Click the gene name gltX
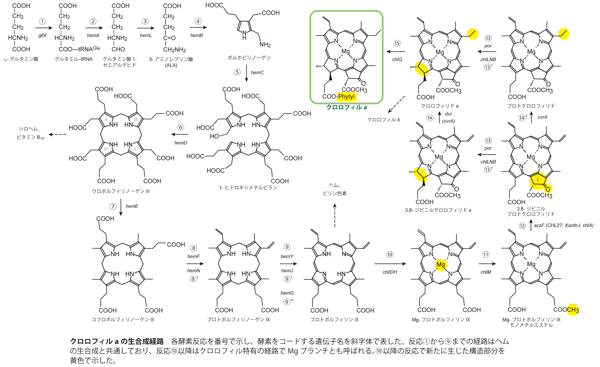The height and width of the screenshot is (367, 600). [42, 35]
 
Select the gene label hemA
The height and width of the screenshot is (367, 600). [93, 35]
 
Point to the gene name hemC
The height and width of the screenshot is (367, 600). [257, 72]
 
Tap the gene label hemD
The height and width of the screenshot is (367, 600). [181, 143]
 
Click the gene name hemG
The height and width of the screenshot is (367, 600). [287, 293]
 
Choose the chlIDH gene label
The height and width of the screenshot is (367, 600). [390, 272]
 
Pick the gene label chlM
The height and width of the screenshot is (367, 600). [486, 272]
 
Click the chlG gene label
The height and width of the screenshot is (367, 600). [397, 60]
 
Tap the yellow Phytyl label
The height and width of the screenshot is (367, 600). [346, 97]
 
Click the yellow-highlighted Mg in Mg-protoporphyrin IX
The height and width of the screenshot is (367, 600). [441, 265]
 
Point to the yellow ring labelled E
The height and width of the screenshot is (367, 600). [538, 180]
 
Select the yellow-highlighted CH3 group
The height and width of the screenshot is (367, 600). [573, 310]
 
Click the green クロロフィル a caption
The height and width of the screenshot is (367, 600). [346, 107]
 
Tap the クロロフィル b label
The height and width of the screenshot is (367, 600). [384, 120]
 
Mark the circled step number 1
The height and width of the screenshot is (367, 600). [42, 21]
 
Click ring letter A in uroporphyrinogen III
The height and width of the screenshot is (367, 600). [106, 119]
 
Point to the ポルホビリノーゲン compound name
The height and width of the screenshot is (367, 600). [249, 58]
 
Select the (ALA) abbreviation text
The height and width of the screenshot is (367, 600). [171, 65]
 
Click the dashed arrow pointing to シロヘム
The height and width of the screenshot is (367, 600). [57, 134]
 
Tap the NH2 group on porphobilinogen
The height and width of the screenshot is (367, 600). [265, 45]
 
